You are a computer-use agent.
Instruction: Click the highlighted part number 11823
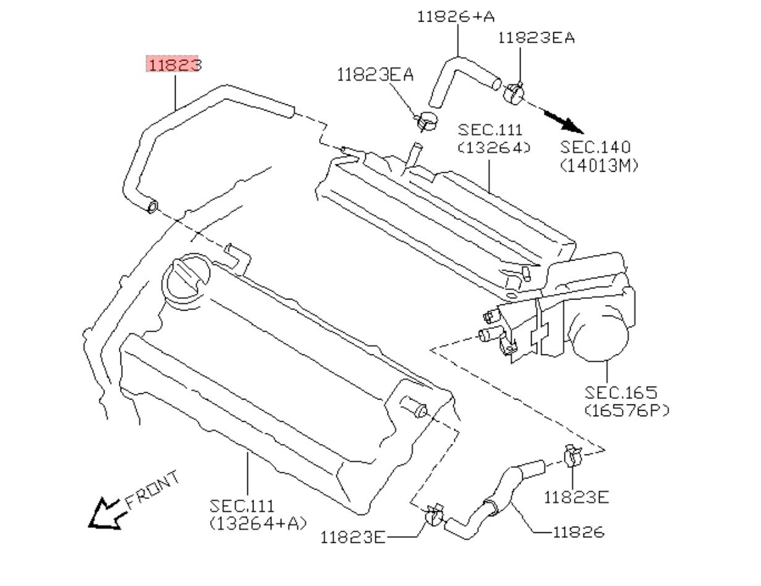pyautogui.click(x=174, y=64)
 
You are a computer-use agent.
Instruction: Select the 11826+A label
pyautogui.click(x=456, y=16)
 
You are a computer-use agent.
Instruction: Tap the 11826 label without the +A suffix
pyautogui.click(x=578, y=532)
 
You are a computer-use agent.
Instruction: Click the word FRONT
pyautogui.click(x=153, y=490)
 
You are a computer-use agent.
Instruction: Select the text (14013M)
pyautogui.click(x=598, y=165)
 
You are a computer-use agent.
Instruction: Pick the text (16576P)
pyautogui.click(x=626, y=409)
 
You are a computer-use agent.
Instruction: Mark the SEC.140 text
pyautogui.click(x=596, y=148)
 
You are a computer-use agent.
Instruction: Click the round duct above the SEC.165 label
pyautogui.click(x=600, y=334)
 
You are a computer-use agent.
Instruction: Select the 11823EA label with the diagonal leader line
pyautogui.click(x=375, y=75)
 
